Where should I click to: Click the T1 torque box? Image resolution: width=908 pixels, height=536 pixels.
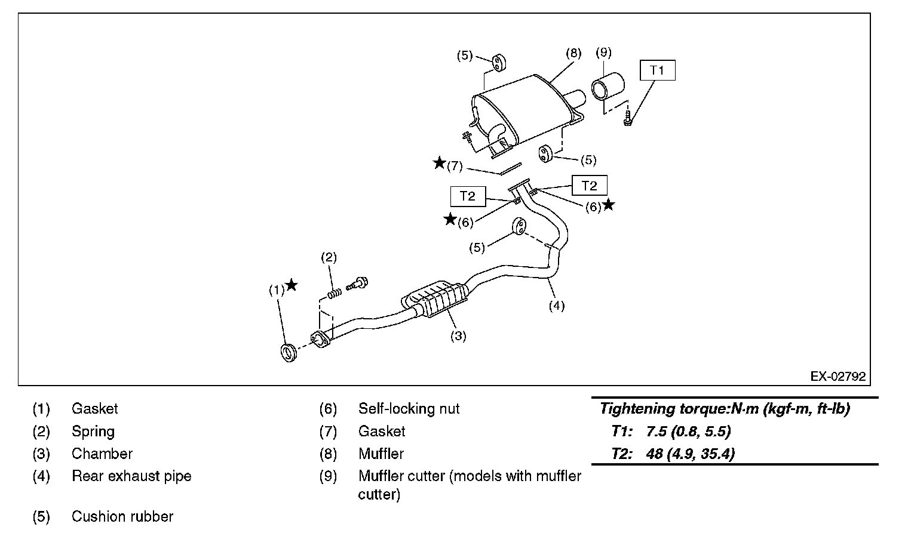pos(658,70)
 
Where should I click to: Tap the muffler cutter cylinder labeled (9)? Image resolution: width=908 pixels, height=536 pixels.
pos(608,87)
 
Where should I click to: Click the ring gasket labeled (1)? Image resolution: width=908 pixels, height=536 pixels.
pos(289,352)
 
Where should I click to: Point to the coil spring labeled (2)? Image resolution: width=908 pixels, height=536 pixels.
pos(335,293)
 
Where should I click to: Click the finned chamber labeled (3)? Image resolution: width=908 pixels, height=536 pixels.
pos(434,300)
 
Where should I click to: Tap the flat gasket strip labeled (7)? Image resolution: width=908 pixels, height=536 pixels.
pos(510,169)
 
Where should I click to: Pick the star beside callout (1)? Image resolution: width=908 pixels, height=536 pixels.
pos(291,285)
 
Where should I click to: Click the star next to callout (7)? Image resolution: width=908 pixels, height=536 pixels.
pos(440,163)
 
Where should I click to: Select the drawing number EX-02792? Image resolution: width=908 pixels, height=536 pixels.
pos(838,377)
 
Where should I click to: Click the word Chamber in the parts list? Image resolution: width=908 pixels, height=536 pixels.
pos(102,454)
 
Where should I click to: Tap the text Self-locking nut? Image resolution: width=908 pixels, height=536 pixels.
pos(409,408)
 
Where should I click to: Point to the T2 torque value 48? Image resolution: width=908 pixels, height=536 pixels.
pos(655,454)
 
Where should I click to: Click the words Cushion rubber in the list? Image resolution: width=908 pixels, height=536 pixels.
pos(122,516)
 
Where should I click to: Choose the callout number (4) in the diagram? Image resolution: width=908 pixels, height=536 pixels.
pos(557,306)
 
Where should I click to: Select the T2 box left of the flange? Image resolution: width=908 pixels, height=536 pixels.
pos(468,196)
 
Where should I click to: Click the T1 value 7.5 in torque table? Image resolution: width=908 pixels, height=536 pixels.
pos(657,431)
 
